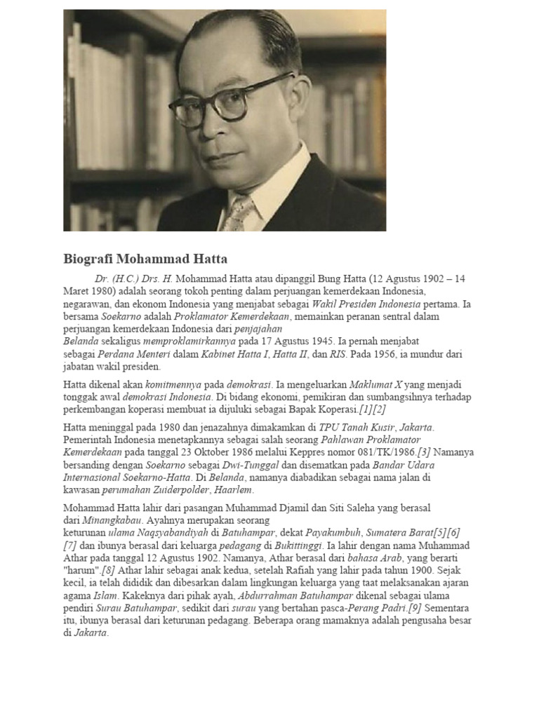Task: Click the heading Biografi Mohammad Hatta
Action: click(x=145, y=259)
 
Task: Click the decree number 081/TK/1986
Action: click(x=385, y=452)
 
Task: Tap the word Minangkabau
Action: click(x=112, y=520)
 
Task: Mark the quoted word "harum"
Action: click(x=81, y=571)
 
